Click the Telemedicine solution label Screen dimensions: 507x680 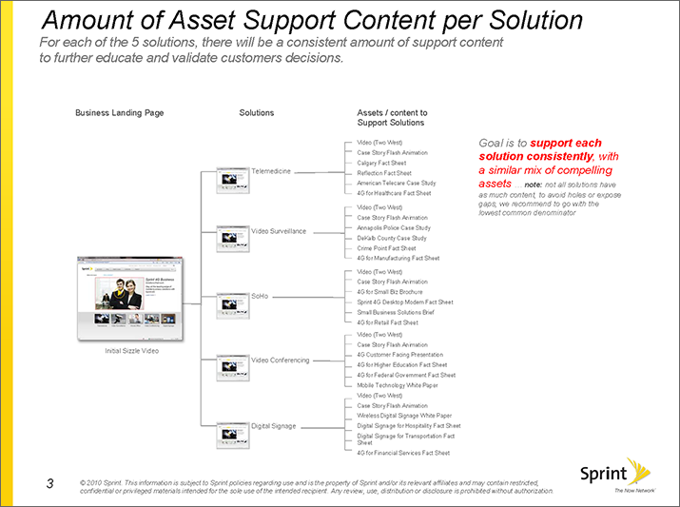(x=270, y=171)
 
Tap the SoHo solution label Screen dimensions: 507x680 (x=259, y=296)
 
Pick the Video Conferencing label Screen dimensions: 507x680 (x=280, y=361)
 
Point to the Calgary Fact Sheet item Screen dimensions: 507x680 (x=381, y=163)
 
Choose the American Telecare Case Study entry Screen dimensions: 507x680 (x=396, y=183)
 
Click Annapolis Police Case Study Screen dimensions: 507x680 (x=393, y=228)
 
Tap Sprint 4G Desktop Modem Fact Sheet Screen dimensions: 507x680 (x=404, y=302)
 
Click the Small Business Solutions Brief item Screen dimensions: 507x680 (x=395, y=312)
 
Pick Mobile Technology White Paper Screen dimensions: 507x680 (x=398, y=385)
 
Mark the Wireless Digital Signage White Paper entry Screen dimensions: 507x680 (x=403, y=416)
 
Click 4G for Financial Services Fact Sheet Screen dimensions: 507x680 (x=402, y=453)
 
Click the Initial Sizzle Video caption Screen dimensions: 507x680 (x=131, y=352)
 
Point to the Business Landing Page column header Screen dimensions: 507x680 (x=119, y=113)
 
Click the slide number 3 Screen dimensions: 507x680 (x=49, y=483)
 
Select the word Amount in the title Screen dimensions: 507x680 (x=94, y=20)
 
